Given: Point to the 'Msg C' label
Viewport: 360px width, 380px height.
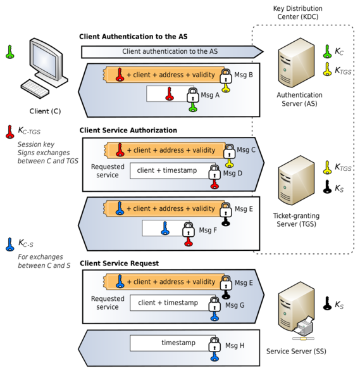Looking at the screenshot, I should [244, 150].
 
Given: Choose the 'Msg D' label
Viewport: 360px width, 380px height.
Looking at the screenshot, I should [233, 172].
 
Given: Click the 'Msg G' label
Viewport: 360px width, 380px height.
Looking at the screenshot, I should [233, 305].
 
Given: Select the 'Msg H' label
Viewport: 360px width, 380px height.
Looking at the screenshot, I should [233, 345].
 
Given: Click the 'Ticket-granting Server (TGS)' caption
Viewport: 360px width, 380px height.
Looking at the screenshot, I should [296, 220].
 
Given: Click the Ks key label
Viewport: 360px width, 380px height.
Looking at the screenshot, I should [339, 188].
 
